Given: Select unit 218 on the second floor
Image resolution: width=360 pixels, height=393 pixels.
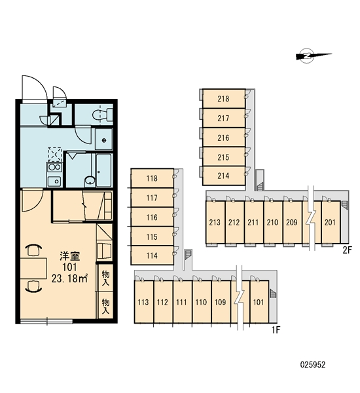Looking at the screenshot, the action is point(224,98).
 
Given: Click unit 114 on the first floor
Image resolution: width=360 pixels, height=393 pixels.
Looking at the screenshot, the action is point(153,255).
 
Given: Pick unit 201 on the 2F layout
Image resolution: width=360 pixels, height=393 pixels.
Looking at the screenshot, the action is point(331,222).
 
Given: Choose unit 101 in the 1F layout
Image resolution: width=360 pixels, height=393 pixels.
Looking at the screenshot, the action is point(259,302).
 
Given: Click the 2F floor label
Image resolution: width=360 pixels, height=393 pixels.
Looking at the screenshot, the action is point(347,250).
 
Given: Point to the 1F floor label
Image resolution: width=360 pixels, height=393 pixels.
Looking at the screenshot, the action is point(276,330).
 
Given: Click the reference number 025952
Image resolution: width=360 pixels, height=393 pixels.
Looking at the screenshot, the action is point(313,365).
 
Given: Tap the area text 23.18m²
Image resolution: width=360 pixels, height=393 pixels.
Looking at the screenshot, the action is point(69,278).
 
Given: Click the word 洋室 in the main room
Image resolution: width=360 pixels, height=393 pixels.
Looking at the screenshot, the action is point(69,256).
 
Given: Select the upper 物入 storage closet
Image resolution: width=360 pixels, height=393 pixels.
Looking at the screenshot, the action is point(105,278).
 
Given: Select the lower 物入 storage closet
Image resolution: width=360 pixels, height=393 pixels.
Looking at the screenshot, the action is point(105,305).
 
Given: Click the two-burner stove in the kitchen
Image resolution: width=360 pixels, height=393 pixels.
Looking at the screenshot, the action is point(54,167).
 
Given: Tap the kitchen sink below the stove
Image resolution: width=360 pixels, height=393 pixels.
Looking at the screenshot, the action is point(54,181).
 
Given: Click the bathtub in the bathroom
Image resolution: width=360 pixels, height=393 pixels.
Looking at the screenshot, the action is point(103,170).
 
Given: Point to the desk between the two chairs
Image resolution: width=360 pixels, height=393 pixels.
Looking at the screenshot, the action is point(33,269).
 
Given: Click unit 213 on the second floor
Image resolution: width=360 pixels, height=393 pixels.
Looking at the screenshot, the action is point(215,222).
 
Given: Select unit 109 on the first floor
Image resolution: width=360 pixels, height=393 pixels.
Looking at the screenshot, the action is point(221,302).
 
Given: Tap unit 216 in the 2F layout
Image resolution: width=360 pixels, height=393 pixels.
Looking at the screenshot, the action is point(224,138).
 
